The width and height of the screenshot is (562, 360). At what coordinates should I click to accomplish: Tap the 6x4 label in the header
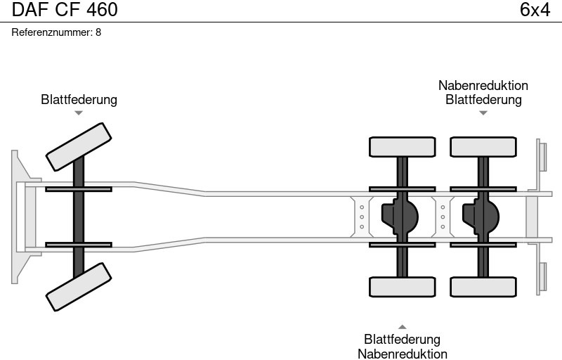[x=535, y=10]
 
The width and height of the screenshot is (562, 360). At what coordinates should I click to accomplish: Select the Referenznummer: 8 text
[x=56, y=32]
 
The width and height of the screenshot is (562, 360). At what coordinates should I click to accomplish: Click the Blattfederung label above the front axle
[x=79, y=100]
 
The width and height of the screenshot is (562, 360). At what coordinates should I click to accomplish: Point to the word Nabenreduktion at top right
[x=483, y=86]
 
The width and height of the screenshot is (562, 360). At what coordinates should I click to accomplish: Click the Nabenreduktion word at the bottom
[x=403, y=354]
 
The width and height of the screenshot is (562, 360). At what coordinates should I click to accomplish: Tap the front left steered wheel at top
[x=79, y=146]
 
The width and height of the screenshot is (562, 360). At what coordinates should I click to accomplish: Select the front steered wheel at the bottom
[x=79, y=287]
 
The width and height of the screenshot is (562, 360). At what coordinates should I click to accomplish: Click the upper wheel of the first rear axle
[x=402, y=147]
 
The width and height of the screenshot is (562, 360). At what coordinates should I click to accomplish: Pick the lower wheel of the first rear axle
[x=402, y=287]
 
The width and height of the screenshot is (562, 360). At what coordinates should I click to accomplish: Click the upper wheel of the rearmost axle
[x=483, y=147]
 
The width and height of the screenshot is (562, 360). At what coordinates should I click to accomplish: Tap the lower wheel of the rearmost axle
[x=483, y=287]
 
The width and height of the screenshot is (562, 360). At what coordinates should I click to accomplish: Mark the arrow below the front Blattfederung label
[x=79, y=112]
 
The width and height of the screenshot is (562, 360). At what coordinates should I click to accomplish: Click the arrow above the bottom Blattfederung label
[x=403, y=327]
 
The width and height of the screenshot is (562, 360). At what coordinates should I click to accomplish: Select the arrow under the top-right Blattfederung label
[x=483, y=112]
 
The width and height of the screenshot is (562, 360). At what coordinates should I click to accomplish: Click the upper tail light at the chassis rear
[x=542, y=156]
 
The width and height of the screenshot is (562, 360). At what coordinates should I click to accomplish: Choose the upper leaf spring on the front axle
[x=79, y=188]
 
